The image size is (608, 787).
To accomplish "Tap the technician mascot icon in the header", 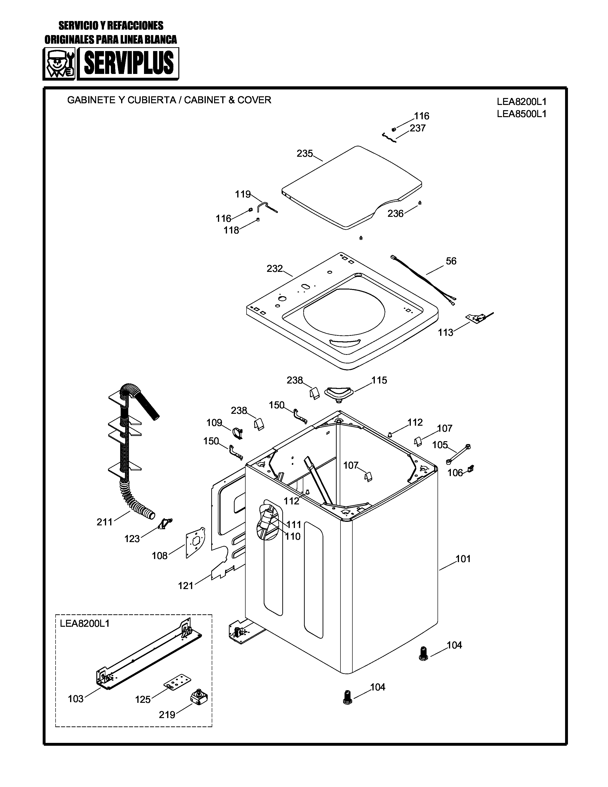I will coord(59,64).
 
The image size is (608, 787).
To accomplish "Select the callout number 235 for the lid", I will coord(305,154).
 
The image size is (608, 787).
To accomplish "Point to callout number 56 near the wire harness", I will coord(451,261).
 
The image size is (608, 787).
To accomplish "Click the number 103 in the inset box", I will coord(76,699).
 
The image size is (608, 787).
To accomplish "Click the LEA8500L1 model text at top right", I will coord(521,114).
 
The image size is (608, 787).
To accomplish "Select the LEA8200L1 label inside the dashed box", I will coord(85,623).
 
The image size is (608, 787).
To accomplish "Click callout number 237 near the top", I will coord(417,128).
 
